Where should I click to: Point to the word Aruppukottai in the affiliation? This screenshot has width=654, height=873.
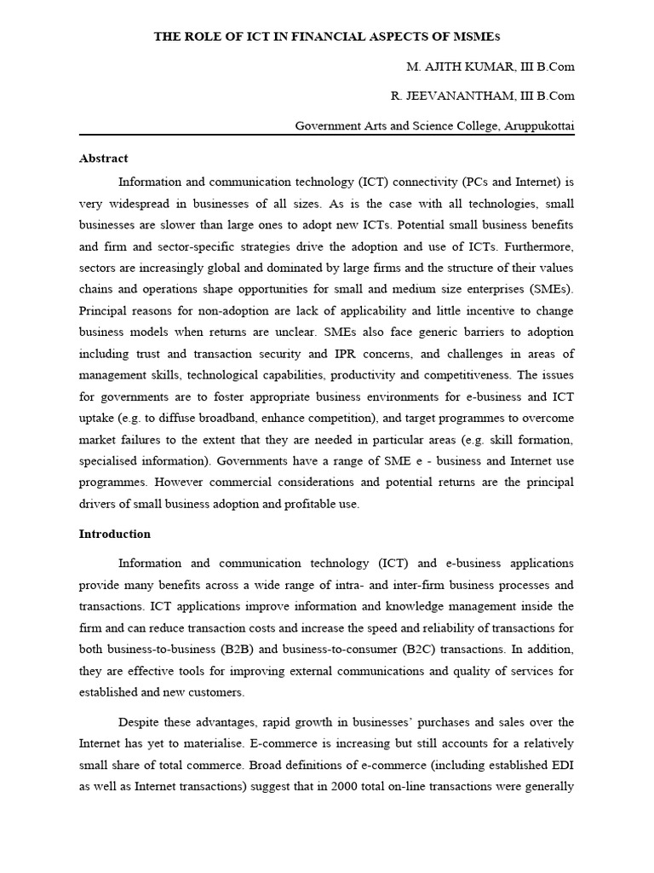tap(539, 126)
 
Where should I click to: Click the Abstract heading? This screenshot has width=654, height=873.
tap(103, 159)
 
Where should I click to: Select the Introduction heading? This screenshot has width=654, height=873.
tap(114, 535)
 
